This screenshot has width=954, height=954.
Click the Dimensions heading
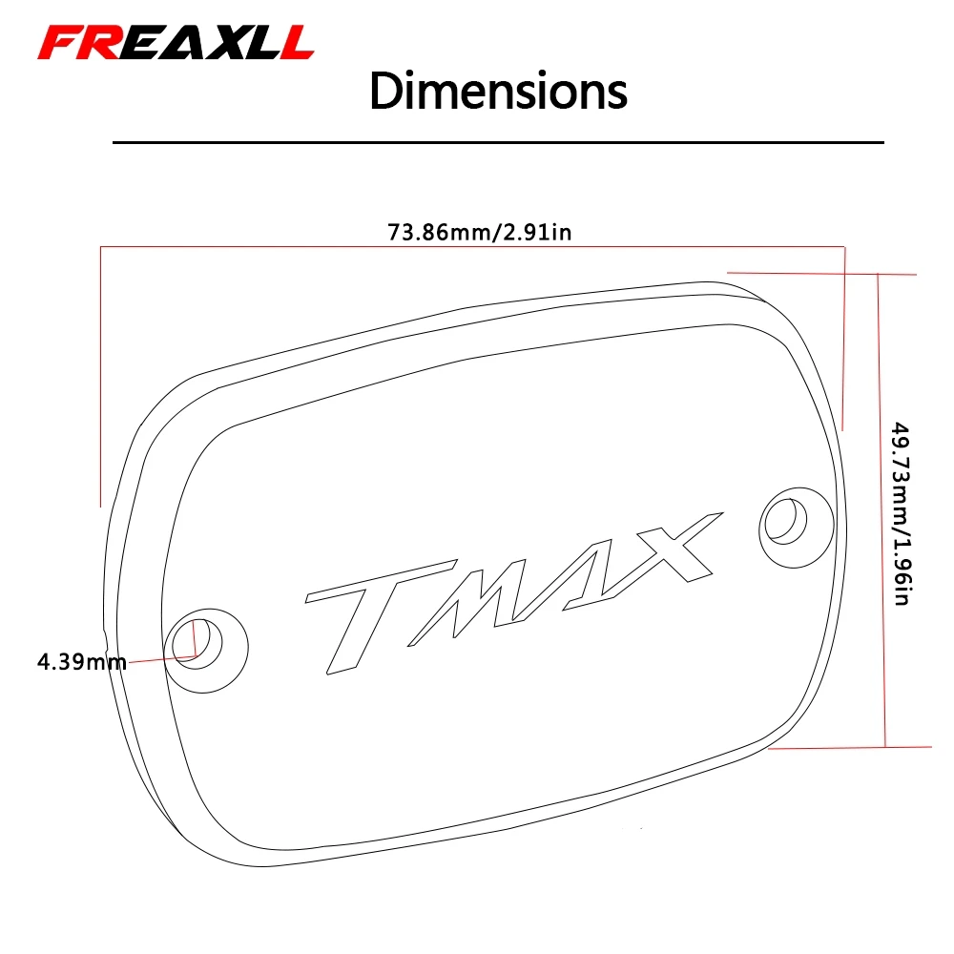tap(498, 92)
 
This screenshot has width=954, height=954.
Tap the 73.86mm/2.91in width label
tap(479, 232)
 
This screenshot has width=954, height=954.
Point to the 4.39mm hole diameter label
tap(81, 661)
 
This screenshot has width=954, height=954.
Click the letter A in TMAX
tap(572, 572)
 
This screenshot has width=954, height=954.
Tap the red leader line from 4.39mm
tap(157, 659)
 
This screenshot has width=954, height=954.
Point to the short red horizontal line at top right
tap(820, 273)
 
